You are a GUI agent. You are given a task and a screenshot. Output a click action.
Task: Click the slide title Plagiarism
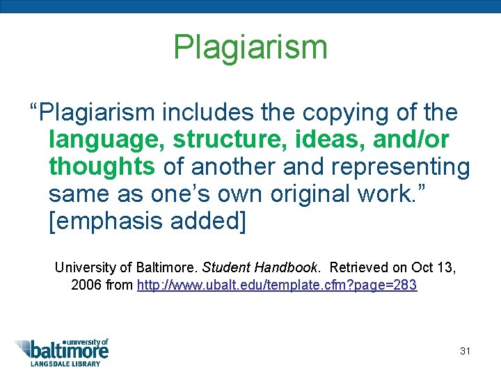coord(250,47)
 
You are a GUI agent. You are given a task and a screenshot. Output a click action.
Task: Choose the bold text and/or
coord(410,140)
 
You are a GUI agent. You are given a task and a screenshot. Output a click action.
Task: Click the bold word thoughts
coord(102,167)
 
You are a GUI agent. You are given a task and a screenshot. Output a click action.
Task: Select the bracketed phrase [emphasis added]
coord(148,222)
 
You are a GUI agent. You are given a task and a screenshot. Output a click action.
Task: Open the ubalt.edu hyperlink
coord(277,285)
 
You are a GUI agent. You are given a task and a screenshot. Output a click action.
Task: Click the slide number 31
coord(465,351)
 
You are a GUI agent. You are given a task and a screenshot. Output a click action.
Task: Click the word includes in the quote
coord(212,112)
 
